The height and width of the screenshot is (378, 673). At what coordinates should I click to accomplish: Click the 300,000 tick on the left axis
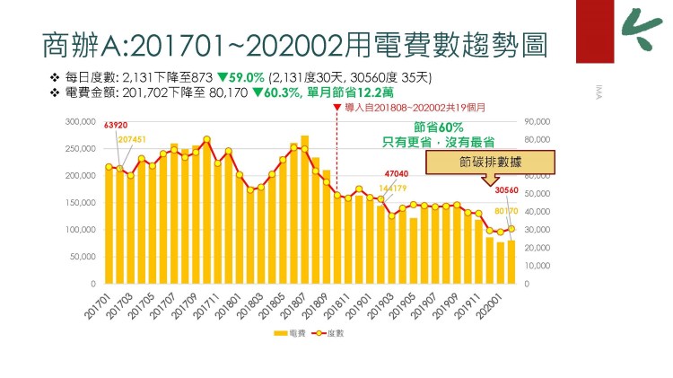click(80, 121)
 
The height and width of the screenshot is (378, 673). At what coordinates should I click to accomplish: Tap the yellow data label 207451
click(131, 139)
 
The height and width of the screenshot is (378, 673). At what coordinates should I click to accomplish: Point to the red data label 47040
click(396, 174)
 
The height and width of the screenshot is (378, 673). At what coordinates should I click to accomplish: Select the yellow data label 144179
click(392, 189)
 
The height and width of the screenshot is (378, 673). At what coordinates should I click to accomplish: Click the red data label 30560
click(507, 191)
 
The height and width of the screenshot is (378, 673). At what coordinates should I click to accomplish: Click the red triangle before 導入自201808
click(336, 108)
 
